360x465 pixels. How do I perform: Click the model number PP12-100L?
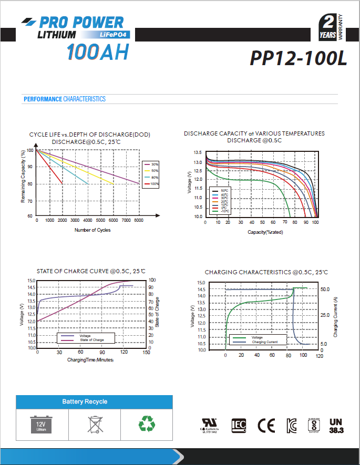tap(299, 58)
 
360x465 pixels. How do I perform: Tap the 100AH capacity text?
tap(97, 53)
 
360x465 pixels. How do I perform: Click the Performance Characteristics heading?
tap(65, 99)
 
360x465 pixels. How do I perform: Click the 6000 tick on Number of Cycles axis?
tap(139, 220)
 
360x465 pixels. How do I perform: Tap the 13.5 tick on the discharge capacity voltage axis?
tap(198, 152)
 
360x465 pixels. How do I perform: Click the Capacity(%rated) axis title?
tap(265, 232)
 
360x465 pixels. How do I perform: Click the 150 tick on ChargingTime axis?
tap(146, 353)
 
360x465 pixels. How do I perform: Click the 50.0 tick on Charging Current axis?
tap(324, 290)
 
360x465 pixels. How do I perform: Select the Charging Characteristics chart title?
tap(266, 272)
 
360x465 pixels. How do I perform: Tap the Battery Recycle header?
tap(85, 402)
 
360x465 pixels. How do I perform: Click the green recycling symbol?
tap(146, 424)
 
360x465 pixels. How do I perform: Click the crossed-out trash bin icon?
tap(94, 424)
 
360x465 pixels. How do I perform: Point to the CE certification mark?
tap(266, 425)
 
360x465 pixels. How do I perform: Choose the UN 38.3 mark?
tap(335, 425)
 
